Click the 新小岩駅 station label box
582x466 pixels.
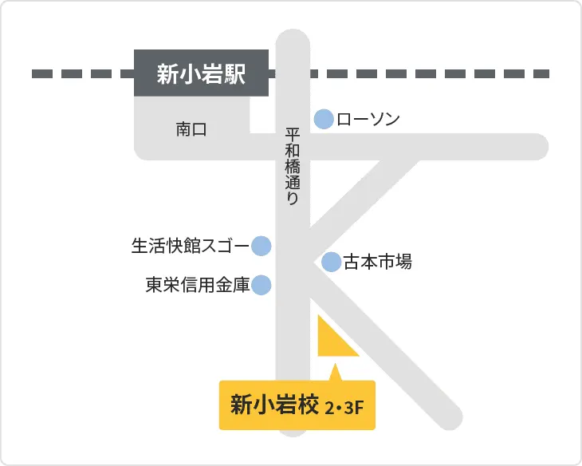pos(201,75)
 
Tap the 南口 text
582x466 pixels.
pos(191,129)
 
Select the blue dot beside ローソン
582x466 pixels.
pos(324,120)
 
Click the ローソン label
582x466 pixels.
pos(368,120)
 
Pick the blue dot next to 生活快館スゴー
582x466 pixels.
pos(262,246)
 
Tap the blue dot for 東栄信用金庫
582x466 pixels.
pos(262,285)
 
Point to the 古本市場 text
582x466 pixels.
pos(377,262)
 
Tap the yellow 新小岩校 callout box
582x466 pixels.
pos(297,407)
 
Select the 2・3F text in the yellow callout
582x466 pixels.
pos(344,409)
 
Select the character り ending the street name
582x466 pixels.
pos(293,199)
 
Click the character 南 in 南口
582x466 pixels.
pos(183,129)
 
